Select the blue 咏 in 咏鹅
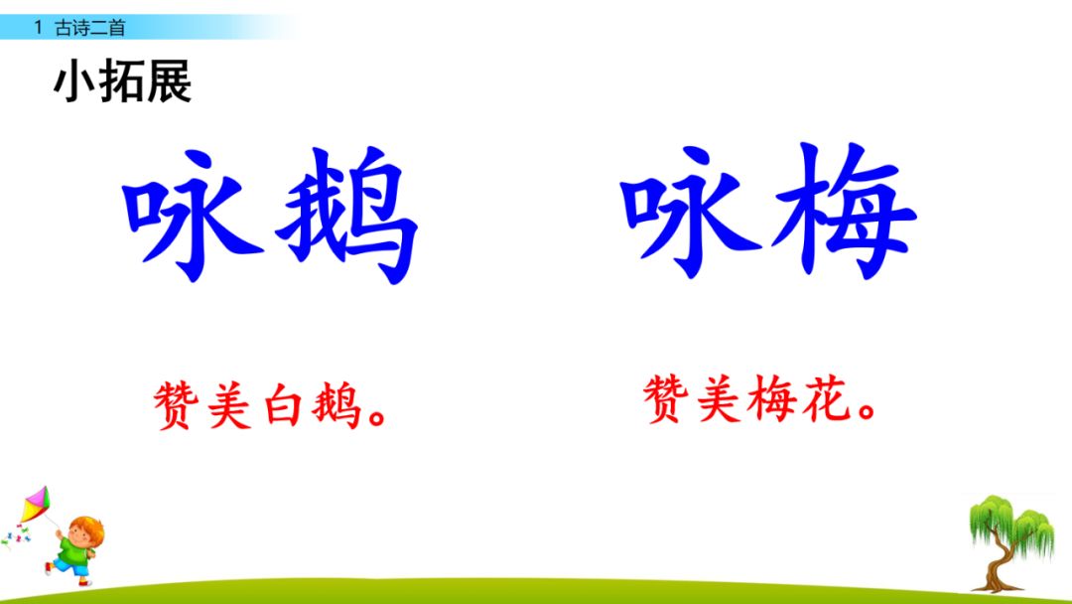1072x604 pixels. pyautogui.click(x=193, y=213)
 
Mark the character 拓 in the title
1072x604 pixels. pyautogui.click(x=122, y=83)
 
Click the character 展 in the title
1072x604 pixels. pyautogui.click(x=169, y=83)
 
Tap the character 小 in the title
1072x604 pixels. pyautogui.click(x=75, y=83)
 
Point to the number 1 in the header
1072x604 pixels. pyautogui.click(x=38, y=28)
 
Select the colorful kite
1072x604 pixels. pyautogui.click(x=34, y=506)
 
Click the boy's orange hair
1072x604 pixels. pyautogui.click(x=84, y=526)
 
